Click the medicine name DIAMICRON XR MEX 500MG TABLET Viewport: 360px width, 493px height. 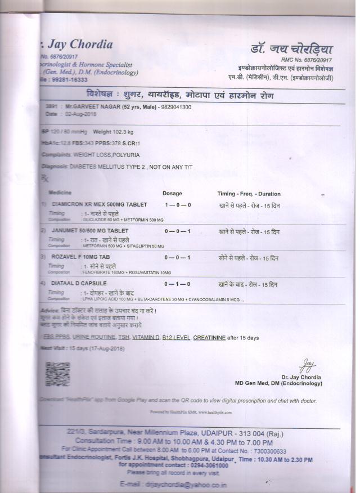pyautogui.click(x=100, y=205)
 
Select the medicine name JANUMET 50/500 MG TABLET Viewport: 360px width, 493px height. pyautogui.click(x=90, y=231)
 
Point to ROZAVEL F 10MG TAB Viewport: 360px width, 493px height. pyautogui.click(x=79, y=257)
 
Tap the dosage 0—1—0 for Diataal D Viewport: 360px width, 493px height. pyautogui.click(x=178, y=284)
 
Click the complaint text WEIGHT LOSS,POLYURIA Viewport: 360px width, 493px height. pyautogui.click(x=107, y=154)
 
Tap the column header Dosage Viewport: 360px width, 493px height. pyautogui.click(x=172, y=194)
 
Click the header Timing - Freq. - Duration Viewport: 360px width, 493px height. pyautogui.click(x=249, y=194)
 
